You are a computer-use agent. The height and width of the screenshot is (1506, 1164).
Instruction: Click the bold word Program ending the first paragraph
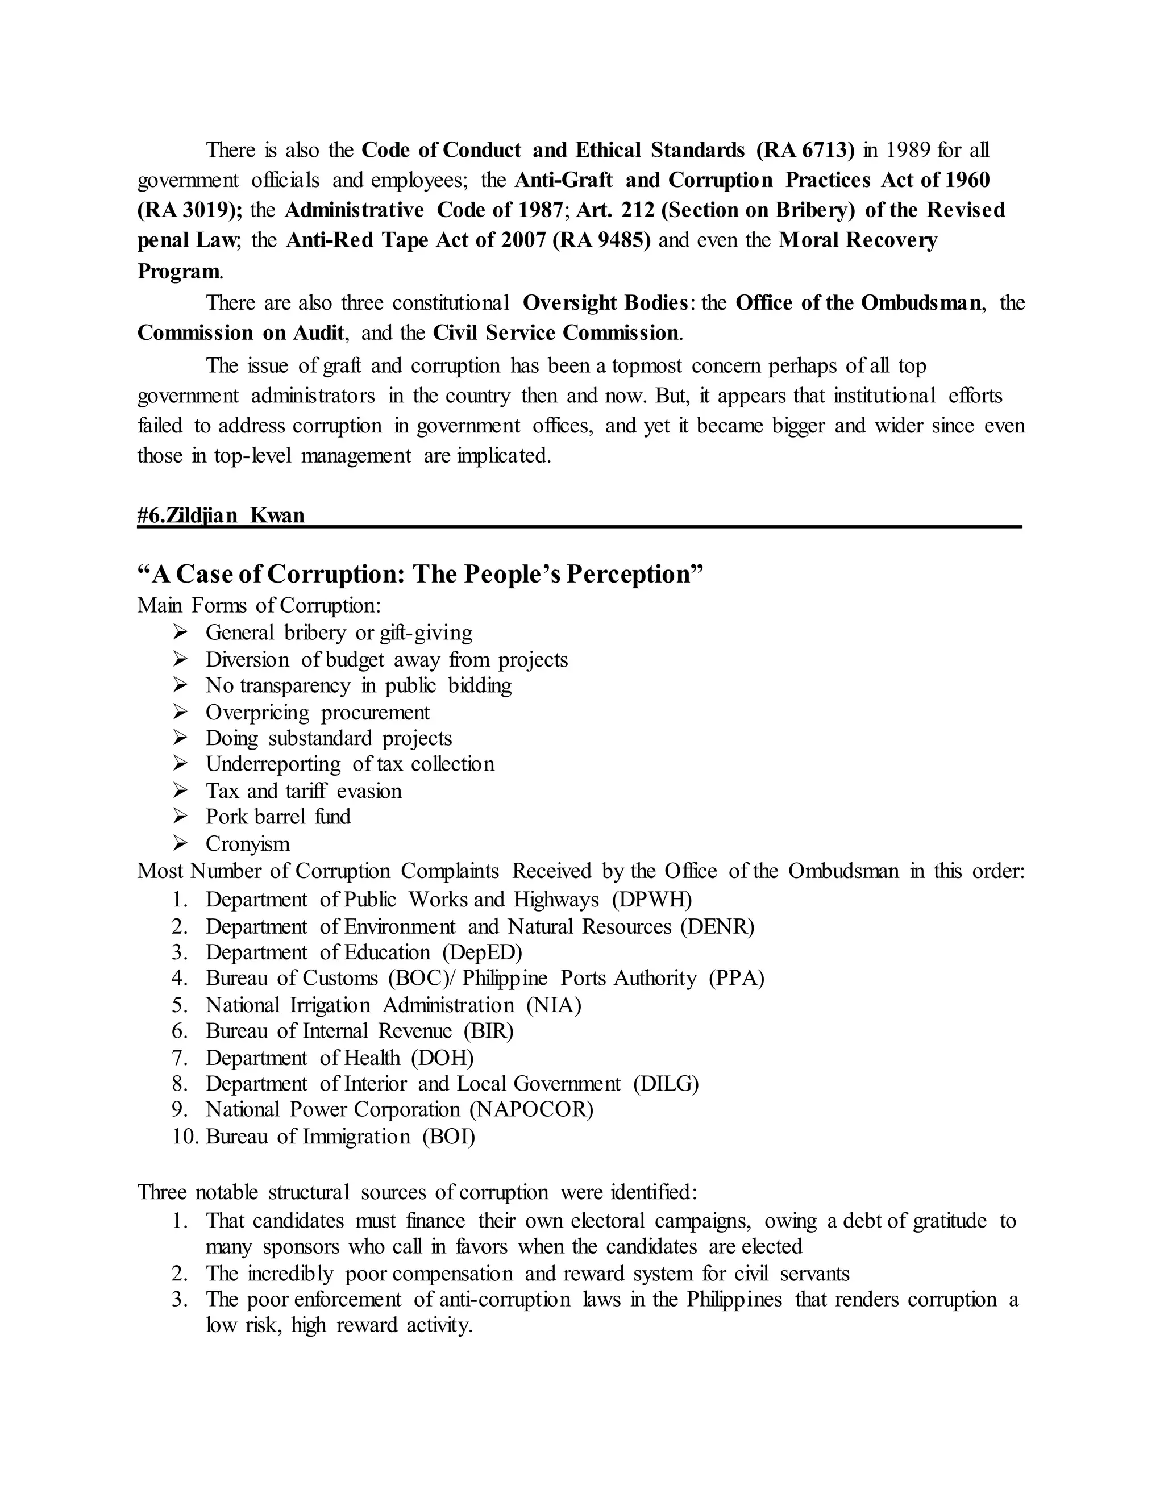(178, 272)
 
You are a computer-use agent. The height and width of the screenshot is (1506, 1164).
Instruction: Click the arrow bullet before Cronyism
(181, 843)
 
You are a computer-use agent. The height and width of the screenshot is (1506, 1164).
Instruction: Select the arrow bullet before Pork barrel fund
(181, 817)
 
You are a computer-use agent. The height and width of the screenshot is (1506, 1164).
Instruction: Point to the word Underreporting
(273, 764)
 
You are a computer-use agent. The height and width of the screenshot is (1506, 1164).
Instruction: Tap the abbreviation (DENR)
(717, 927)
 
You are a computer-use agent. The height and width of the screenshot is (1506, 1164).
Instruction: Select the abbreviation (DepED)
(483, 953)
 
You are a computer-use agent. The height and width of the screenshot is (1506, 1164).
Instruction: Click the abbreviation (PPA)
(737, 979)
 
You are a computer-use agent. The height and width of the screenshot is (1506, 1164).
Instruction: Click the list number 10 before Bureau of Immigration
(185, 1137)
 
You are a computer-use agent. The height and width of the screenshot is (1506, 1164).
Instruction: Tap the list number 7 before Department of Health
(180, 1058)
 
